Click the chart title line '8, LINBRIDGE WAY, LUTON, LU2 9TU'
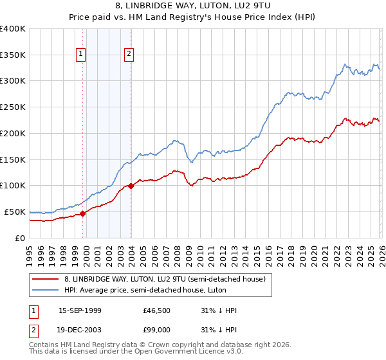tap(193, 6)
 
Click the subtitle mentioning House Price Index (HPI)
tap(193, 17)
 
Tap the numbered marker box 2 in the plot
tap(129, 54)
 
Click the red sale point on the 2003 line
tap(131, 186)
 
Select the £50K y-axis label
tap(15, 212)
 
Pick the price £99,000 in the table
tap(157, 330)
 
